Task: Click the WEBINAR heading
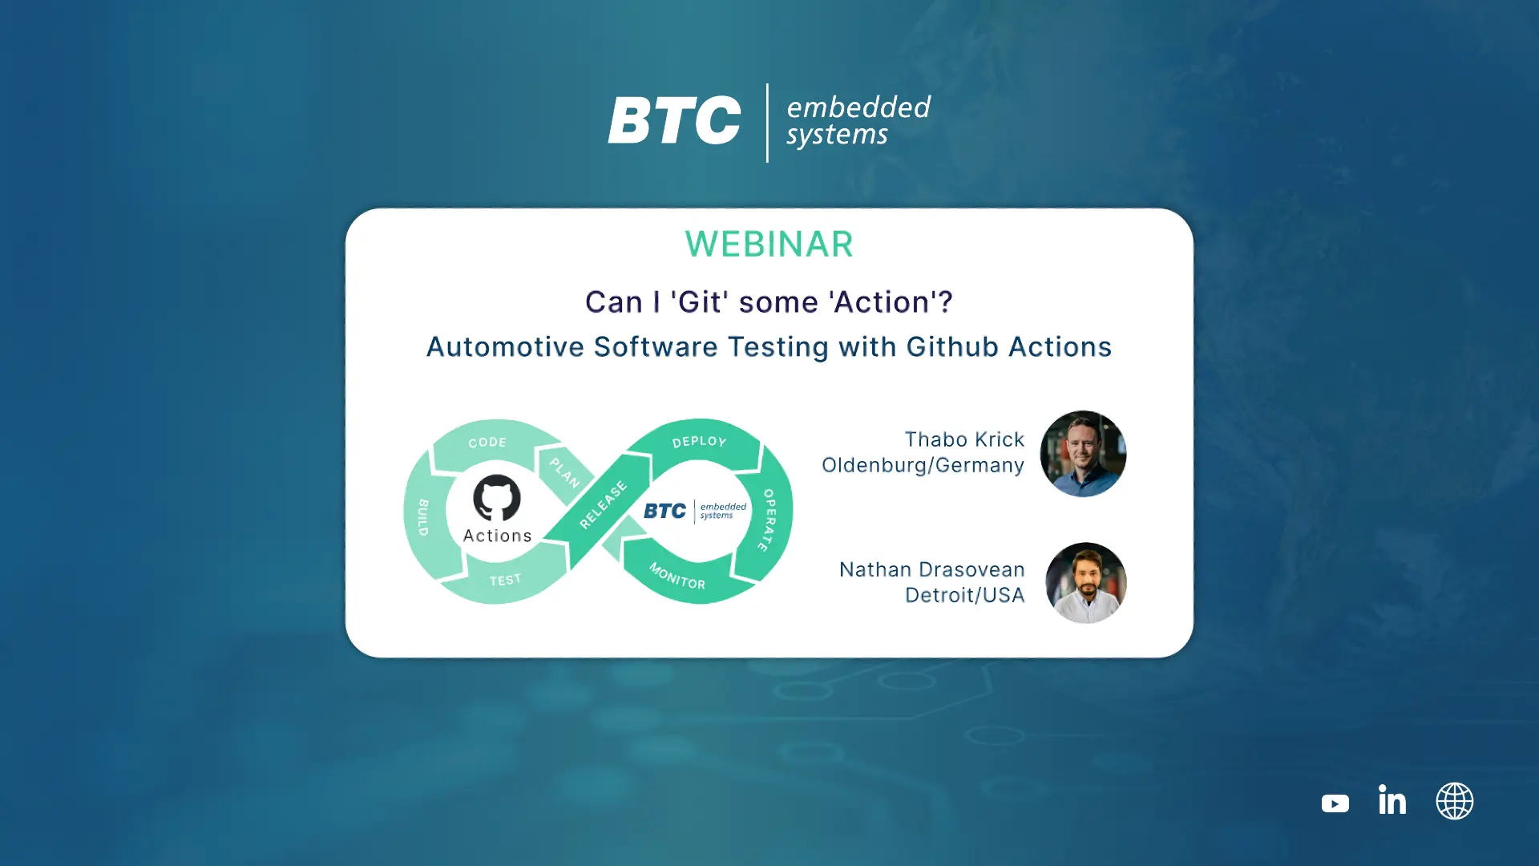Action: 769,245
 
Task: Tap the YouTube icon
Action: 1335,803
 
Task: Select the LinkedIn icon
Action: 1392,799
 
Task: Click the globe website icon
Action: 1455,801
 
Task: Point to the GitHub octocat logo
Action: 497,498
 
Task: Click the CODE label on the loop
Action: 487,442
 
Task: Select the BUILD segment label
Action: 423,517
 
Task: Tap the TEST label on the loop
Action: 505,580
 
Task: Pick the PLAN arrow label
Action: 564,472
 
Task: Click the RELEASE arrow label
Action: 604,505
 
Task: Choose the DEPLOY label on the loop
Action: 699,442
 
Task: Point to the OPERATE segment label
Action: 767,520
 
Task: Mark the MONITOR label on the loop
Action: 677,576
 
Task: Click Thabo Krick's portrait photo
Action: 1083,454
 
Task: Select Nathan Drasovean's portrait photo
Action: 1086,583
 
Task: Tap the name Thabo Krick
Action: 964,439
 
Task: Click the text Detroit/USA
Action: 964,595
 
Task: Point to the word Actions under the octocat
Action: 497,536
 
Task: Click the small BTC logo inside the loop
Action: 695,511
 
